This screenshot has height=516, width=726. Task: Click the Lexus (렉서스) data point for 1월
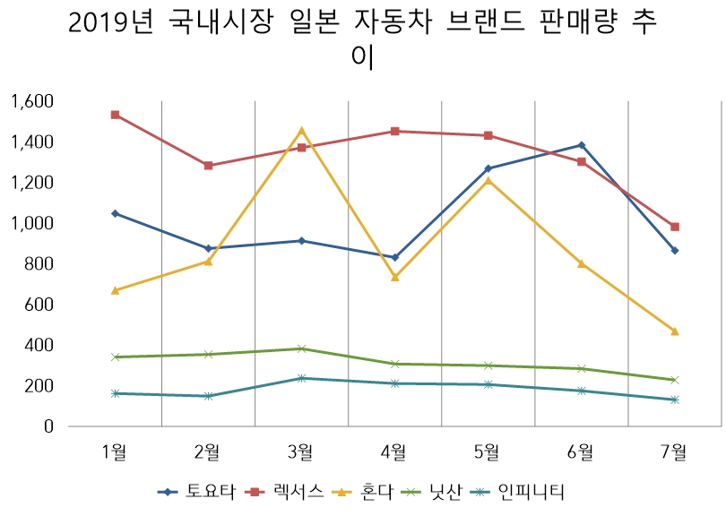[x=115, y=115]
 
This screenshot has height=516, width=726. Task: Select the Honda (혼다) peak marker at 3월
[x=302, y=130]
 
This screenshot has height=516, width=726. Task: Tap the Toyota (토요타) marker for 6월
[x=582, y=145]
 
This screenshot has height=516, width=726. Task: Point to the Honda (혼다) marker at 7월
[x=675, y=331]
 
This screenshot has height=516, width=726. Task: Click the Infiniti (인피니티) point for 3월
[x=302, y=378]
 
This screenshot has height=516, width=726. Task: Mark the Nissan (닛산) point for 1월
[x=115, y=357]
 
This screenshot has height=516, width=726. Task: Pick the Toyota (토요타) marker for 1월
[x=115, y=213]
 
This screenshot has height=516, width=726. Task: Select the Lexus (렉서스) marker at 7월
[x=675, y=227]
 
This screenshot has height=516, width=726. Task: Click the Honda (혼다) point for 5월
[x=488, y=180]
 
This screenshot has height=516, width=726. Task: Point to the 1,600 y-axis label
[x=32, y=101]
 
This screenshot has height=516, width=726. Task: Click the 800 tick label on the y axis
[x=39, y=264]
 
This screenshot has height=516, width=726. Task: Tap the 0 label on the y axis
[x=48, y=426]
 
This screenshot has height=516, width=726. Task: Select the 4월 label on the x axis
[x=395, y=452]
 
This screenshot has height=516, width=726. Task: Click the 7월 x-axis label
[x=675, y=452]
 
